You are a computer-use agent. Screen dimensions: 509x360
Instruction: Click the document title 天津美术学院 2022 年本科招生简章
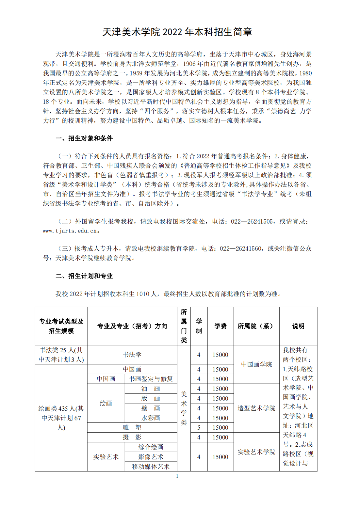pyautogui.click(x=177, y=32)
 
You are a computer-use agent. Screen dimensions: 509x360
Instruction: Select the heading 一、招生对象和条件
pyautogui.click(x=84, y=138)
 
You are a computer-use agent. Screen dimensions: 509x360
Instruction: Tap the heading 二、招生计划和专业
pyautogui.click(x=84, y=276)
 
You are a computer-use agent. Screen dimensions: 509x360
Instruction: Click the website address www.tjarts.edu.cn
pyautogui.click(x=70, y=231)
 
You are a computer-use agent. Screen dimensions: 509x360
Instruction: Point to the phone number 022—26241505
pyautogui.click(x=252, y=222)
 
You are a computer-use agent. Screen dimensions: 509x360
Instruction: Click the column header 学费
pyautogui.click(x=221, y=326)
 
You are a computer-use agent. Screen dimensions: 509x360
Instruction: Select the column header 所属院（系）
pyautogui.click(x=256, y=326)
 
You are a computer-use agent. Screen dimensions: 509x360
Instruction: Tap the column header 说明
pyautogui.click(x=298, y=326)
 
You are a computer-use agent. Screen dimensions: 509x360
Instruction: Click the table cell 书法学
pyautogui.click(x=132, y=355)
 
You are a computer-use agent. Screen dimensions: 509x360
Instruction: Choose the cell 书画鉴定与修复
pyautogui.click(x=151, y=379)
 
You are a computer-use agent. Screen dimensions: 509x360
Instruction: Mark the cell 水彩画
pyautogui.click(x=151, y=418)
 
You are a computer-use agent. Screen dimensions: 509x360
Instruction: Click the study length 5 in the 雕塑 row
pyautogui.click(x=199, y=428)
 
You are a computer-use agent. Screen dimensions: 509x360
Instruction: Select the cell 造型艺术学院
pyautogui.click(x=256, y=408)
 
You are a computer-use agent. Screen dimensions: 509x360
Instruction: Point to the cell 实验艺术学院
pyautogui.click(x=256, y=452)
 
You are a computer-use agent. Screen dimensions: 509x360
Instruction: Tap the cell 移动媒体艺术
pyautogui.click(x=151, y=467)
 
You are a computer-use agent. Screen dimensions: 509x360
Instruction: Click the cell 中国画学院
pyautogui.click(x=256, y=364)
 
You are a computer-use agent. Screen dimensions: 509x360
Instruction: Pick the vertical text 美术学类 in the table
pyautogui.click(x=184, y=408)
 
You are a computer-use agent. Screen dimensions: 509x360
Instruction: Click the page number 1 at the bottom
pyautogui.click(x=177, y=476)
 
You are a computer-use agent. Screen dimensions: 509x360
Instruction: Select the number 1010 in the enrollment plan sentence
pyautogui.click(x=143, y=294)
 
